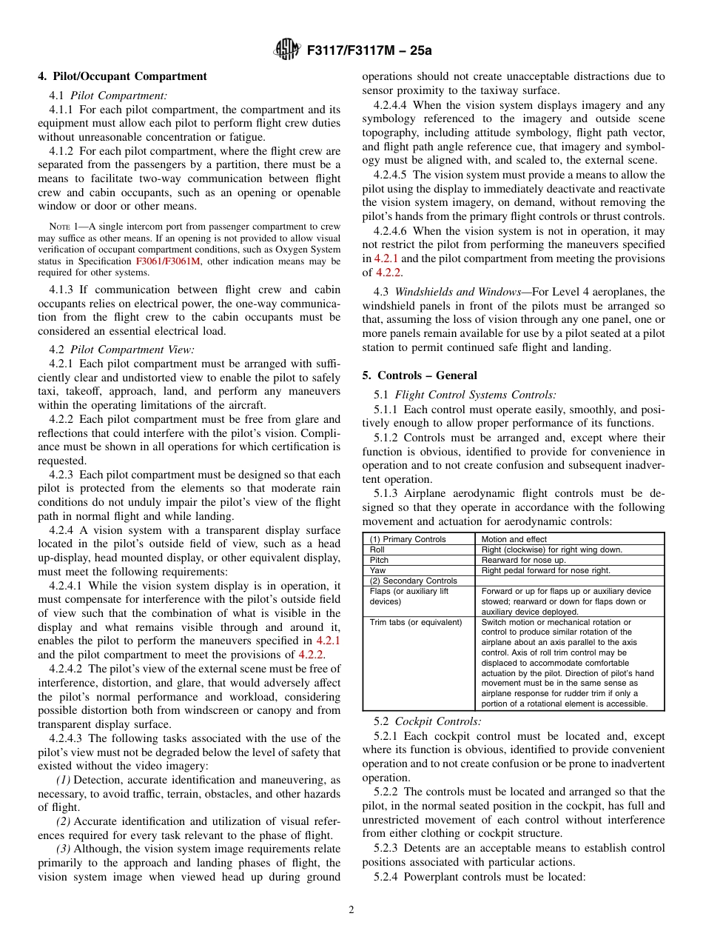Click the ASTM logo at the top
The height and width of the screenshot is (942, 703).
point(286,50)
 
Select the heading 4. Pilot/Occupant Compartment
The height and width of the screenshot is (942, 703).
point(122,76)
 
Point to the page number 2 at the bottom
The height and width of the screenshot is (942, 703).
point(351,910)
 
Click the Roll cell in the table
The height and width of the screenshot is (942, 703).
point(377,549)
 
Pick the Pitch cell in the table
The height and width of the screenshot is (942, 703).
point(379,560)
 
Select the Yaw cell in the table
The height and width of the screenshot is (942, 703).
point(377,570)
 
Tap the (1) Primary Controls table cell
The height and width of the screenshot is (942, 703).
point(408,539)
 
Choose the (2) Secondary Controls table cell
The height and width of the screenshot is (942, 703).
point(413,581)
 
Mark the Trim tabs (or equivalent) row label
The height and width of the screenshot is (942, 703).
point(416,622)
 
